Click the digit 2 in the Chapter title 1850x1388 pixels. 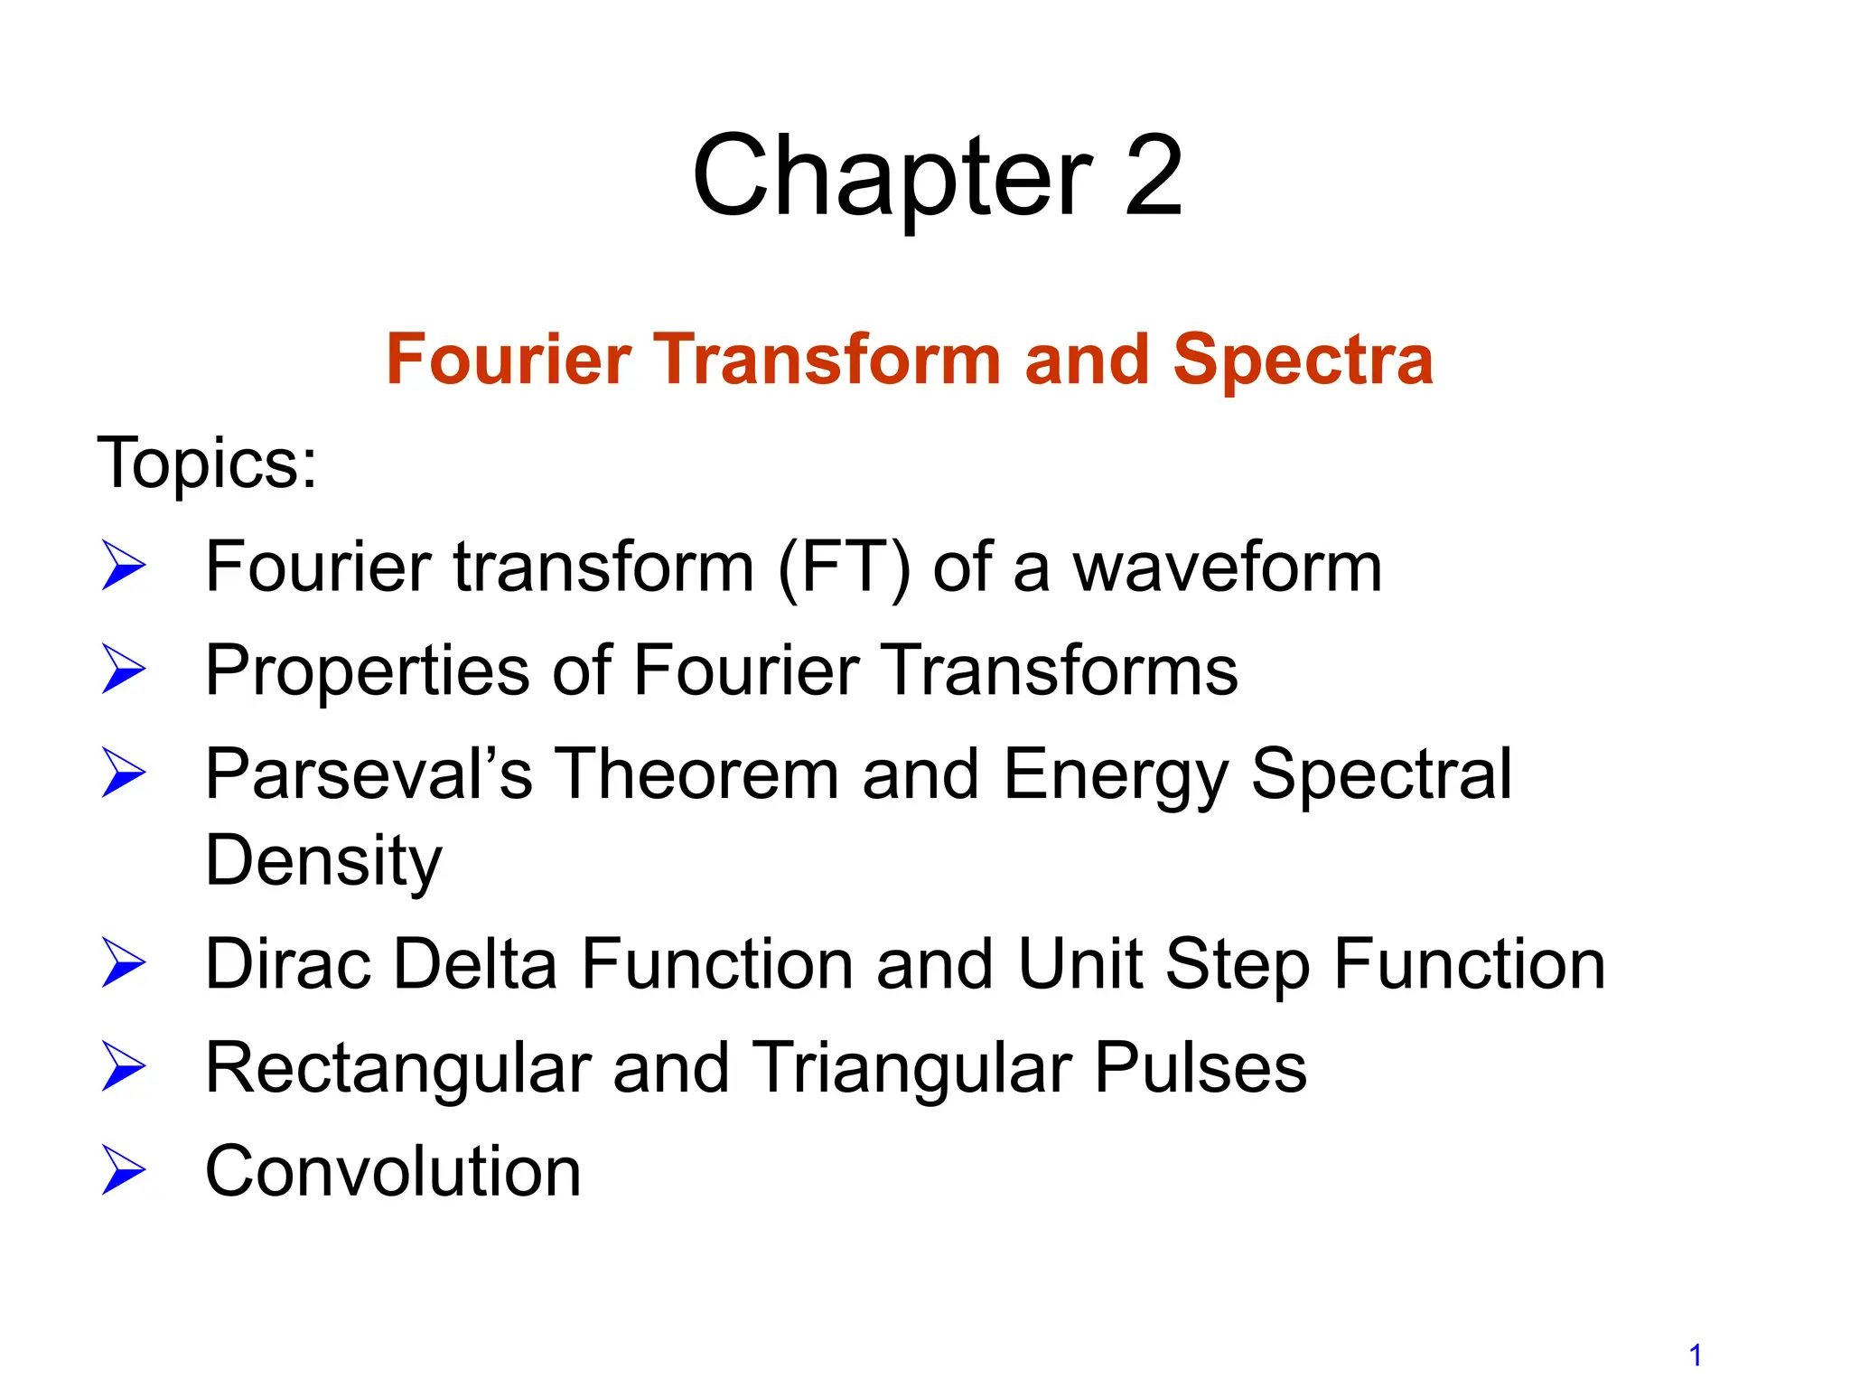[1153, 175]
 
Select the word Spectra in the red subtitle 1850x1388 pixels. [1303, 360]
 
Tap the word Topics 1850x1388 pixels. [207, 464]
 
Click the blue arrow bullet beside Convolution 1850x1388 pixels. [124, 1170]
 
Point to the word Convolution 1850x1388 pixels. [393, 1171]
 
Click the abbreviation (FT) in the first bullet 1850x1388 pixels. [844, 567]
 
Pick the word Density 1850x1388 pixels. [323, 861]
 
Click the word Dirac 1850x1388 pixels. [288, 964]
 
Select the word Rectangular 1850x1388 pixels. [398, 1068]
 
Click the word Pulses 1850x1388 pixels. [1201, 1068]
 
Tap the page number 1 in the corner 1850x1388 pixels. [1696, 1355]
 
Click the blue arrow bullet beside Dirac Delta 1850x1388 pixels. [124, 962]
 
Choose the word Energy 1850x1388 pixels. [1115, 774]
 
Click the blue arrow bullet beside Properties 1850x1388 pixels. [124, 670]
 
